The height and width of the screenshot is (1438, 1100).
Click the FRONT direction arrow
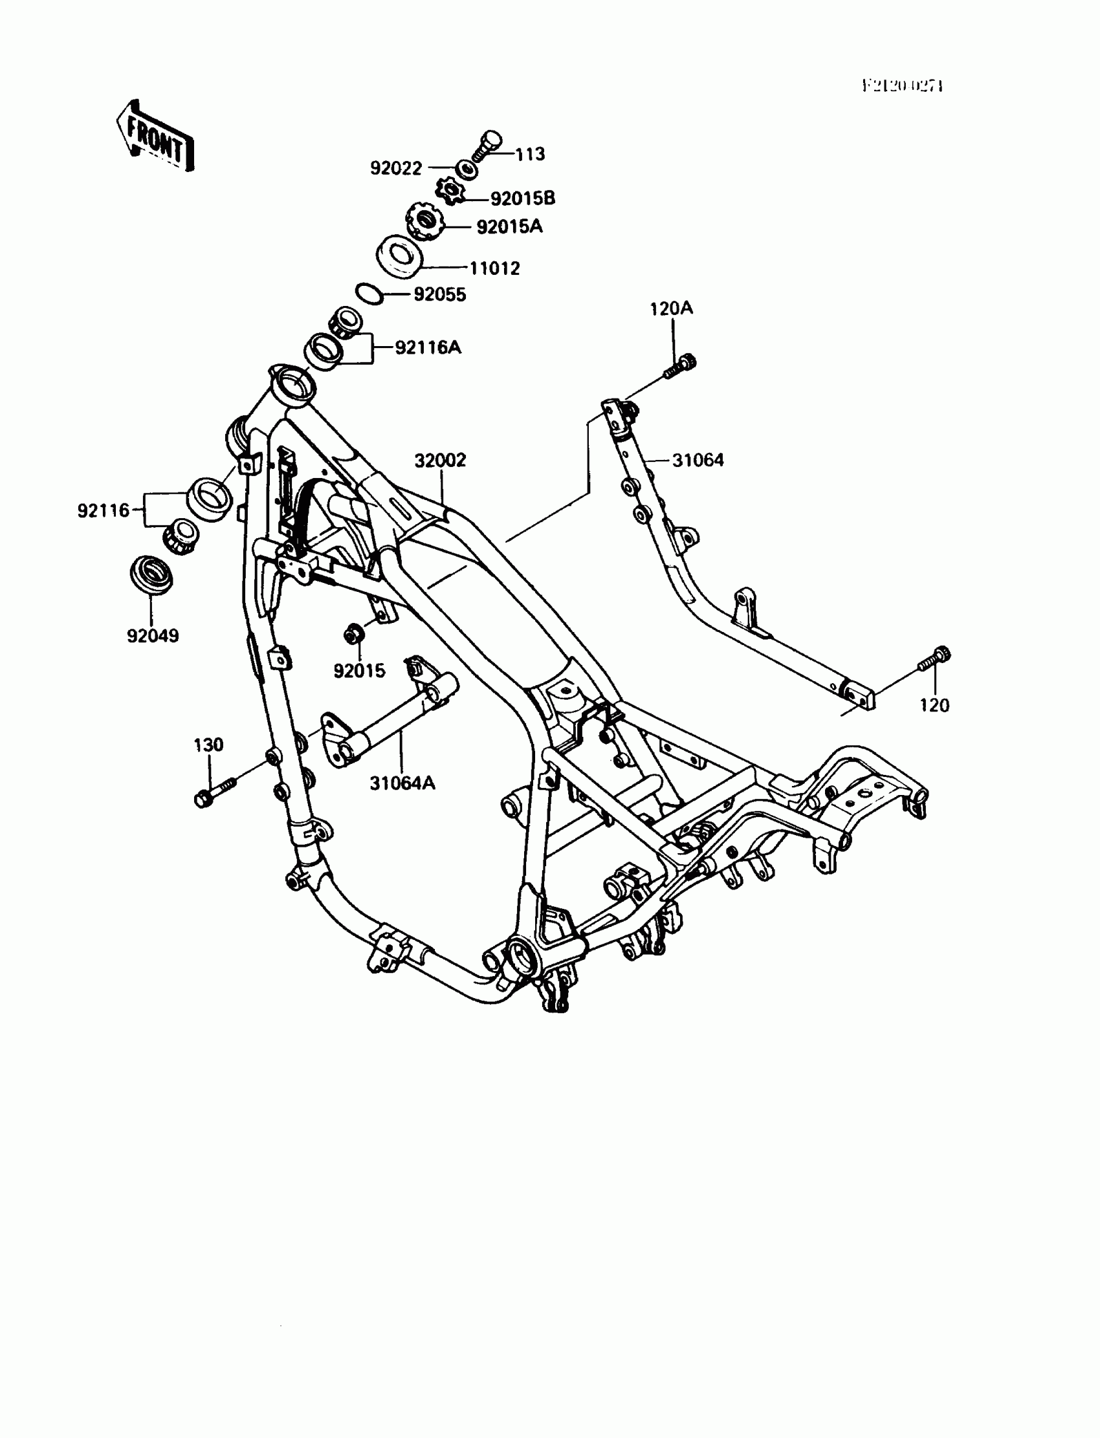pos(156,136)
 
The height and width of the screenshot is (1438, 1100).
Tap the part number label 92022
pos(396,168)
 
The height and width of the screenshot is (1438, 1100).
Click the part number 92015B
pos(523,198)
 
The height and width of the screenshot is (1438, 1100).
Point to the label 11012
pos(494,268)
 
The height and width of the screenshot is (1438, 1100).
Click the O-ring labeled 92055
pos(369,293)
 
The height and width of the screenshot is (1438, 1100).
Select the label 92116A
pos(428,347)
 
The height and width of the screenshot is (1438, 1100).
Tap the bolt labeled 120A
pos(681,367)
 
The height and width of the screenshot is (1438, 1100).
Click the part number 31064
pos(698,460)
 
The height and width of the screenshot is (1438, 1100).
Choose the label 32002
pos(440,460)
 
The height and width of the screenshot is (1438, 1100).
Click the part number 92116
pos(104,510)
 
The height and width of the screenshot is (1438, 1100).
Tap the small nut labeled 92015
pos(354,634)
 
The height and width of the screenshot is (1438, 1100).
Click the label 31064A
pos(402,783)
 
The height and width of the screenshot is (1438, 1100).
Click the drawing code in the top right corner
pos(902,86)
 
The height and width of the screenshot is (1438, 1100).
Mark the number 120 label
pos(934,706)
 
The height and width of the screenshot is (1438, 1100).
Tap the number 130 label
pos(208,745)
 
